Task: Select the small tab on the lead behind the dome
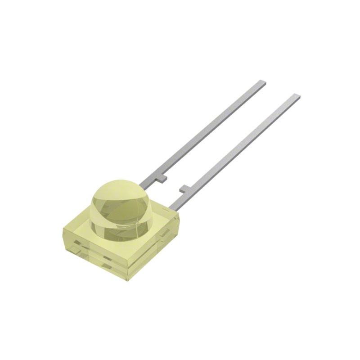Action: [x=161, y=179]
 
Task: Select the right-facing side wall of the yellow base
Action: [x=155, y=252]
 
